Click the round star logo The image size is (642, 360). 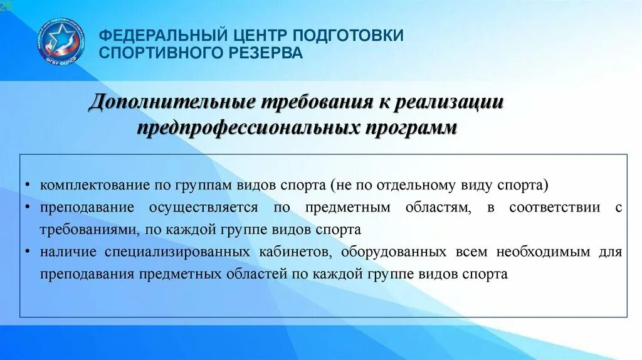(60, 41)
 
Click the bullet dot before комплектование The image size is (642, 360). (29, 186)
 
